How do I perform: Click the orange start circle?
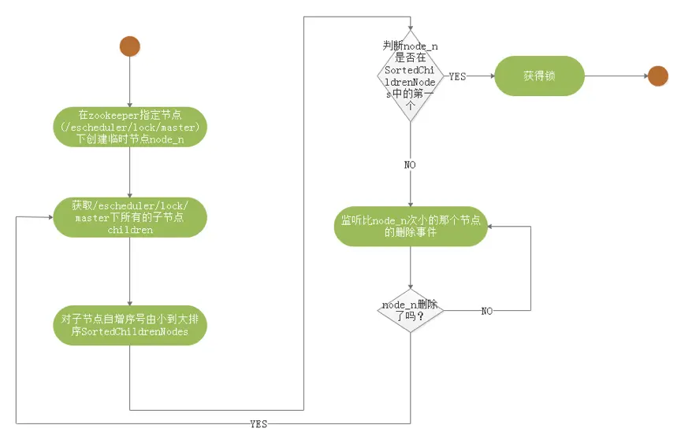[129, 46]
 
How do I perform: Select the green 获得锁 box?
[540, 76]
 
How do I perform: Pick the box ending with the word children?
[129, 218]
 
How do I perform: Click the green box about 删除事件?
[411, 227]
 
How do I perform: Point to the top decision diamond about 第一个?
[411, 76]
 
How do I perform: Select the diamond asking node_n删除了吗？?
[411, 310]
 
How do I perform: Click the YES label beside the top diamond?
[457, 76]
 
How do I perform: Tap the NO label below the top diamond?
[411, 165]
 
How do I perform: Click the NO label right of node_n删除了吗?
[487, 311]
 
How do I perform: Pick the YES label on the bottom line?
[258, 424]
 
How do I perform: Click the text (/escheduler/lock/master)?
[129, 127]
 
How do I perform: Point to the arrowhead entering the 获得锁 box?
[490, 76]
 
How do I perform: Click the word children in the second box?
[129, 231]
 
